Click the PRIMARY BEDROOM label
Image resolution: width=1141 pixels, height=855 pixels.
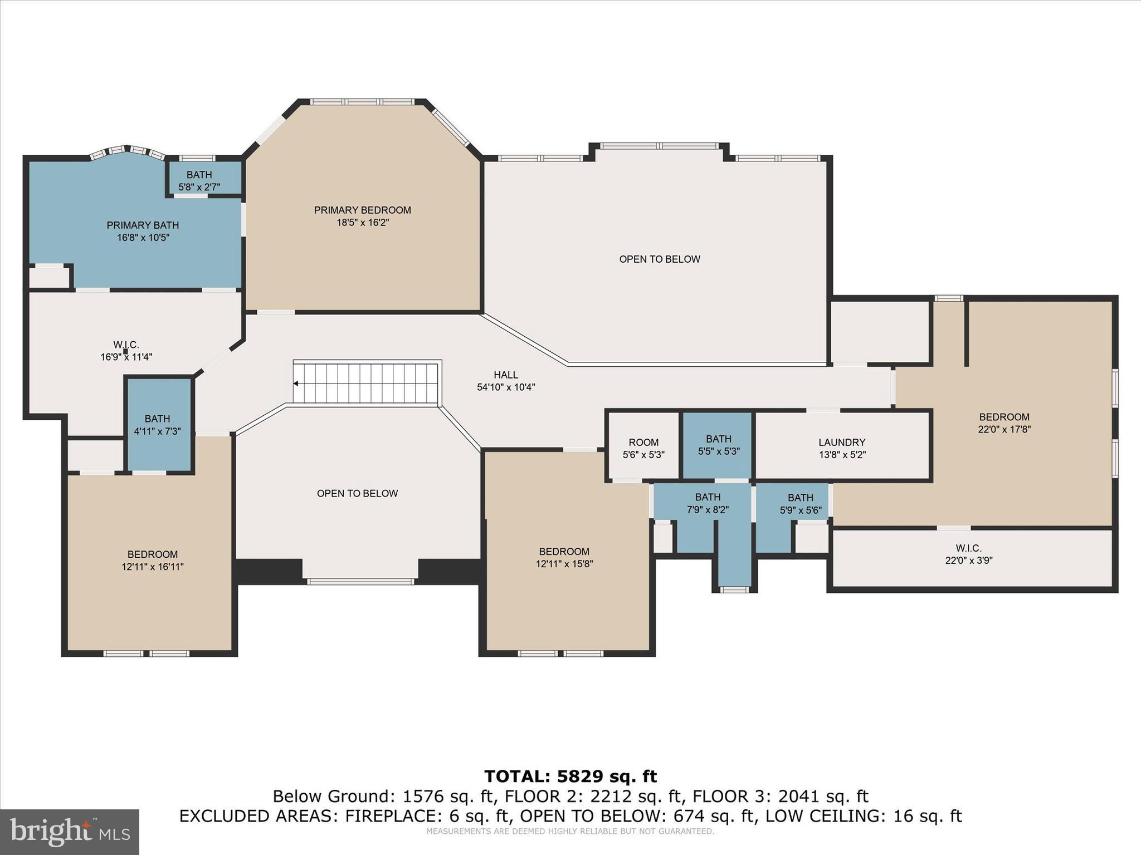pyautogui.click(x=362, y=210)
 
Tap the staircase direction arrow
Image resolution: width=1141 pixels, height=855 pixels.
pyautogui.click(x=296, y=384)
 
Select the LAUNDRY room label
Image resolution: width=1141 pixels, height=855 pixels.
pyautogui.click(x=841, y=443)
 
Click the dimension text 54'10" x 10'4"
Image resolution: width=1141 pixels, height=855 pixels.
pyautogui.click(x=506, y=387)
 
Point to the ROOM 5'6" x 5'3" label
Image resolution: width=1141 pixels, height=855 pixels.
pyautogui.click(x=643, y=448)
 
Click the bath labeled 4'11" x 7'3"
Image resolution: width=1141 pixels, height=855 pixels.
pyautogui.click(x=158, y=425)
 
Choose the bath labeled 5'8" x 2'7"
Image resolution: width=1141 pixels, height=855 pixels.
pyautogui.click(x=199, y=181)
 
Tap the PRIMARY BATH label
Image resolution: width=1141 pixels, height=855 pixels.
pyautogui.click(x=143, y=225)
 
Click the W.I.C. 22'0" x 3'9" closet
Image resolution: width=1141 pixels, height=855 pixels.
pyautogui.click(x=968, y=554)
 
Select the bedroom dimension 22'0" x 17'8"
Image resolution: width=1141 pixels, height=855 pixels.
pyautogui.click(x=1004, y=429)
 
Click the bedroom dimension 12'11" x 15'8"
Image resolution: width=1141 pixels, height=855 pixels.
pyautogui.click(x=564, y=564)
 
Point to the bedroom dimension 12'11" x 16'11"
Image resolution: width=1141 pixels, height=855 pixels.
pyautogui.click(x=152, y=567)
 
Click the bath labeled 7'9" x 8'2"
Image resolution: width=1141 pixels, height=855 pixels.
pyautogui.click(x=708, y=503)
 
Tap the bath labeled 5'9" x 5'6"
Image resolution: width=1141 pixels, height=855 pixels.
pyautogui.click(x=800, y=504)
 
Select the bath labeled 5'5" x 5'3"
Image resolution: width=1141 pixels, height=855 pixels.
pyautogui.click(x=718, y=445)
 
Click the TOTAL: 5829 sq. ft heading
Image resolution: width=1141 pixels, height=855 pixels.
pyautogui.click(x=570, y=776)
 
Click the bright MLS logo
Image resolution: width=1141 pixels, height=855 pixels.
pyautogui.click(x=69, y=832)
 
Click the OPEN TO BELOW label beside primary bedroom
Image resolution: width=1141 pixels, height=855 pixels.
pyautogui.click(x=659, y=259)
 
